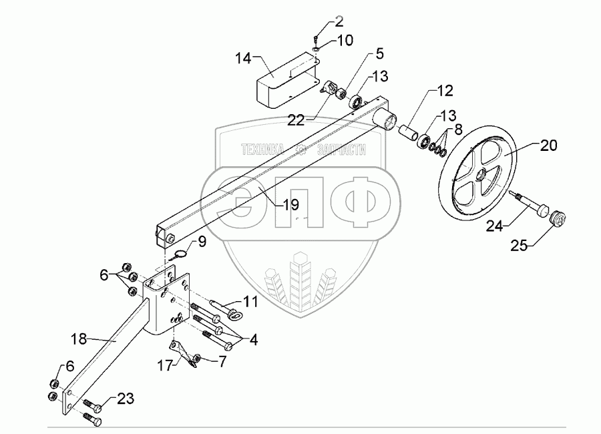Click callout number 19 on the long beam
290,205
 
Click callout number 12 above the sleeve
444,89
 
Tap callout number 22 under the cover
295,120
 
